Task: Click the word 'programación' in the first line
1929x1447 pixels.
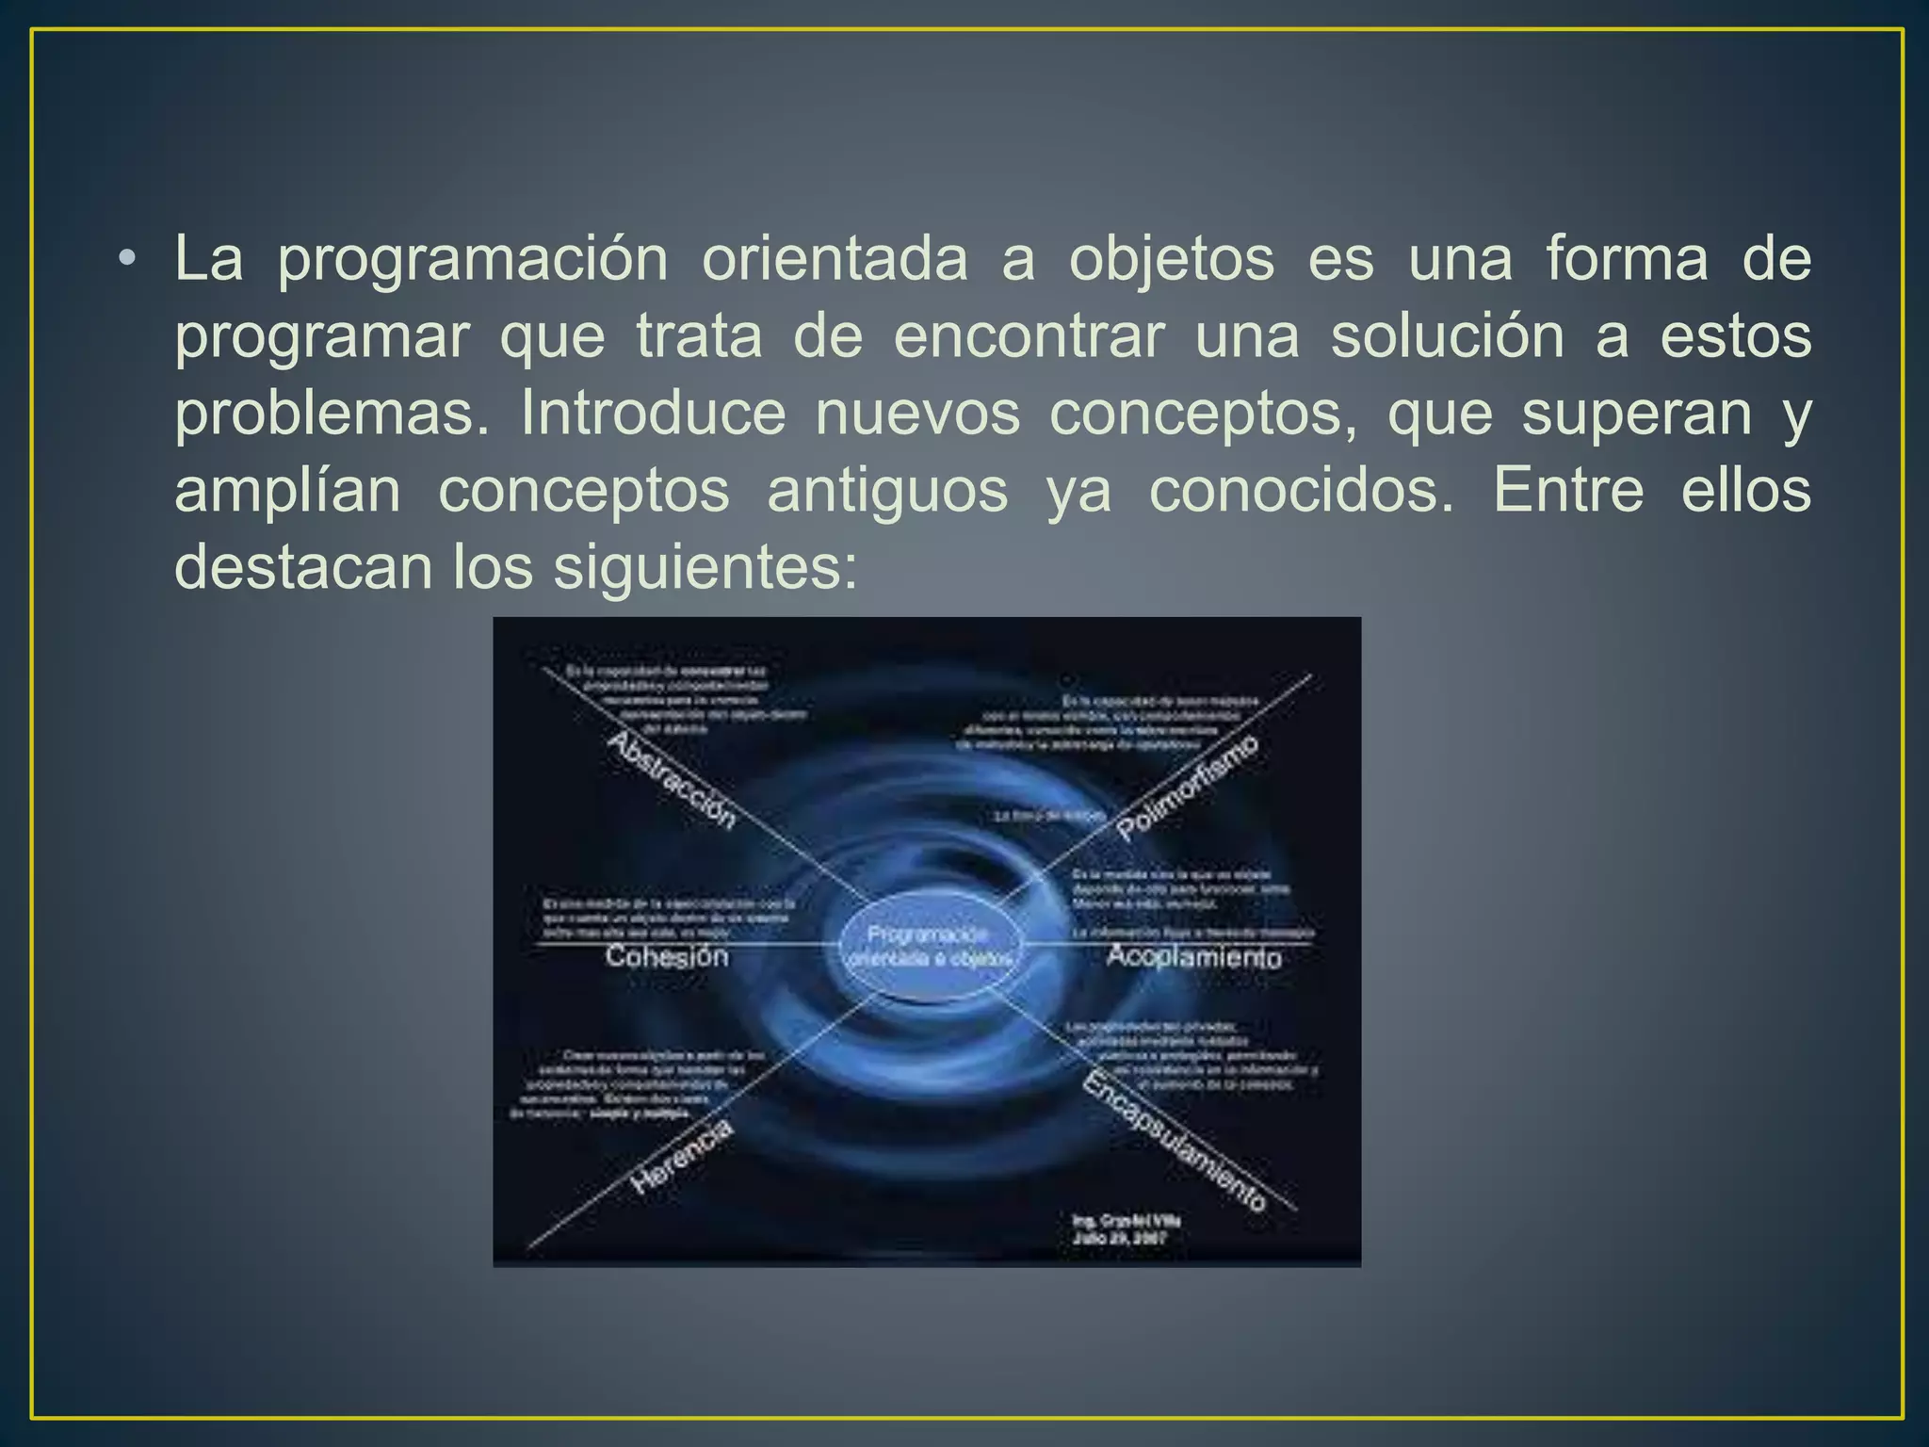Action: [x=473, y=259]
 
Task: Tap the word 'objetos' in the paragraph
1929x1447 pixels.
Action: [x=1171, y=259]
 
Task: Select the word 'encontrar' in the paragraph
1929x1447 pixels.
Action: [x=1029, y=336]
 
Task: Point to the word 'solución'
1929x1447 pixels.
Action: [x=1448, y=336]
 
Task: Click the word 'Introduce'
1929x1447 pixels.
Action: [x=653, y=414]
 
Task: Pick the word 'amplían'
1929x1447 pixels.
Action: [x=287, y=491]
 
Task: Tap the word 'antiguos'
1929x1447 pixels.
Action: [x=887, y=491]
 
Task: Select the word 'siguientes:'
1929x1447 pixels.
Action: [x=705, y=568]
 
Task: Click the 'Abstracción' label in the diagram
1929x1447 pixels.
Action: [x=671, y=781]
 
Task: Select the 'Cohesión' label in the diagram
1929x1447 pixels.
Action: [x=667, y=956]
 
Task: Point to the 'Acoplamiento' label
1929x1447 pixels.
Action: [x=1193, y=957]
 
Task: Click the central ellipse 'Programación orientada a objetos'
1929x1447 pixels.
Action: [x=929, y=946]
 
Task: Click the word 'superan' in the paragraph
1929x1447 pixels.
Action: [x=1636, y=414]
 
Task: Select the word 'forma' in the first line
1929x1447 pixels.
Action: [x=1626, y=259]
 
